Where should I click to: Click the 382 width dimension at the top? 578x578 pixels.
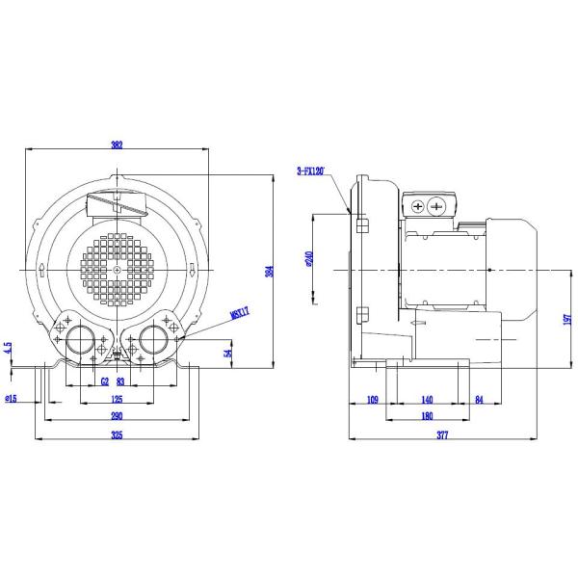(117, 145)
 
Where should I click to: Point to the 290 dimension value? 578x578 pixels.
(117, 415)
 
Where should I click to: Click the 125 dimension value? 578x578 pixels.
(117, 398)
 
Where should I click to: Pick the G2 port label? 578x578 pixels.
(104, 381)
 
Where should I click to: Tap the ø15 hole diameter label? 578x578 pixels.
(13, 398)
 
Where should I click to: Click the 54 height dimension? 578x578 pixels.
(228, 353)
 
